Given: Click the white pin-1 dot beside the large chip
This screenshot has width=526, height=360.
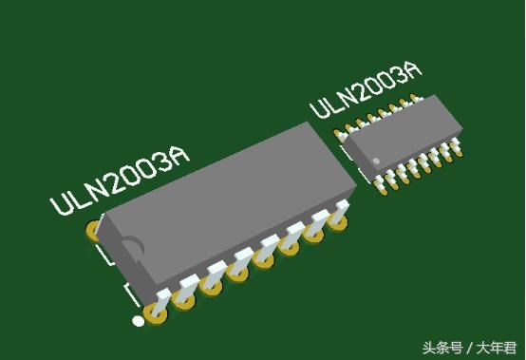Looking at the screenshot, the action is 138,321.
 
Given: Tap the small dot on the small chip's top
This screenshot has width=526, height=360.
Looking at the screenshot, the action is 376,161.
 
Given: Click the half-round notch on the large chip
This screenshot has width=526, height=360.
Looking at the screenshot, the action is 133,249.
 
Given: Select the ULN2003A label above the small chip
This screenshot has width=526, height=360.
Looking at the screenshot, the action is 366,89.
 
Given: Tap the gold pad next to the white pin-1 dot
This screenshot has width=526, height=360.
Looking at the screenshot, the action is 155,314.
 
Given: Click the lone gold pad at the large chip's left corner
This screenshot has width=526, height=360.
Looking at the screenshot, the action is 93,231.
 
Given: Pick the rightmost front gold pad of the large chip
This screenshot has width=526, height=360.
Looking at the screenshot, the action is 337,221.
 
